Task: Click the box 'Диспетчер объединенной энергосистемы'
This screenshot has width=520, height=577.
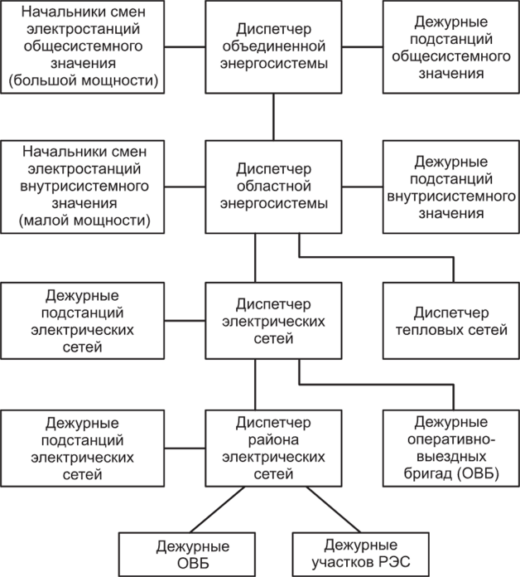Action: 273,46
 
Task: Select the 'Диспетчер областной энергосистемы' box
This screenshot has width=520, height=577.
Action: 273,187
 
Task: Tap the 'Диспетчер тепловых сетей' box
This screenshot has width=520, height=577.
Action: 451,321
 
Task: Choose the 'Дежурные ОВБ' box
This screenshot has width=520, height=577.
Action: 186,554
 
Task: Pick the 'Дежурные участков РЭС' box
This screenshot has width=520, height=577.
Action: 361,554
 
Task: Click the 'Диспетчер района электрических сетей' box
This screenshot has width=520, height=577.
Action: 273,449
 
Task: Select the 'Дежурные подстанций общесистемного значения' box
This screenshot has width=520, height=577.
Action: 451,46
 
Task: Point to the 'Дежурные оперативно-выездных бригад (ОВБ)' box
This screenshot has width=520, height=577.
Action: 451,449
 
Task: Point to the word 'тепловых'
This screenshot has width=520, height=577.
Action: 429,330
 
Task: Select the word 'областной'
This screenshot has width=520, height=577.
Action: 274,187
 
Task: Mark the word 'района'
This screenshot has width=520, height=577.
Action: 273,439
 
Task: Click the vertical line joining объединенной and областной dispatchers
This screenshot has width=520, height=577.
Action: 273,117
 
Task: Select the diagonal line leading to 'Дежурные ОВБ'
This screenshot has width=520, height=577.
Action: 217,509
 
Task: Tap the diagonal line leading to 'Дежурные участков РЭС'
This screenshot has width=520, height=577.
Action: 334,509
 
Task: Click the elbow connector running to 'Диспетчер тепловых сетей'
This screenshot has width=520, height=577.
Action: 376,257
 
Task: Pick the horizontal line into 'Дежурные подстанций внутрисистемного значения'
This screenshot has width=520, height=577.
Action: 363,187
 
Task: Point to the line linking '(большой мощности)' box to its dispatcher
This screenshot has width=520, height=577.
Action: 185,47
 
